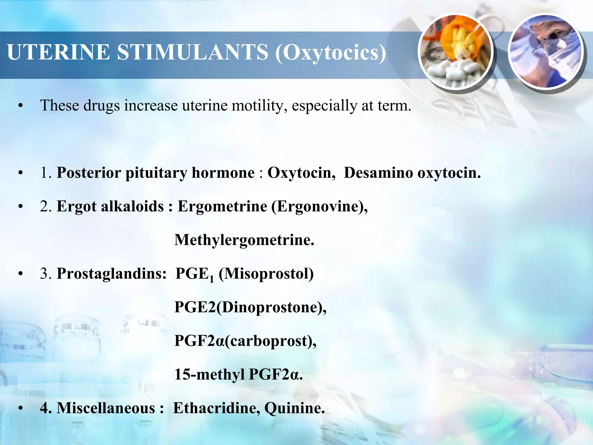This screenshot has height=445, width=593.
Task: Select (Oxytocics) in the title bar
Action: pyautogui.click(x=330, y=53)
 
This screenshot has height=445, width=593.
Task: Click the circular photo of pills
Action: pyautogui.click(x=455, y=52)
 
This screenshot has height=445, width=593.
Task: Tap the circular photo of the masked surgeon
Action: pyautogui.click(x=546, y=52)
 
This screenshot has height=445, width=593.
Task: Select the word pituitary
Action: pyautogui.click(x=156, y=173)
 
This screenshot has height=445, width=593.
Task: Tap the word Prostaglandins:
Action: pyautogui.click(x=112, y=273)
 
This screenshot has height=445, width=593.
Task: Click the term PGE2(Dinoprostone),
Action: pyautogui.click(x=250, y=307)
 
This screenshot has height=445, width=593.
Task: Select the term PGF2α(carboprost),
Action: pyautogui.click(x=246, y=341)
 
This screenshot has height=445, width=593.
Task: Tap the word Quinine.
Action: pyautogui.click(x=294, y=408)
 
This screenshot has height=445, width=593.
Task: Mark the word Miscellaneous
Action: pyautogui.click(x=106, y=408)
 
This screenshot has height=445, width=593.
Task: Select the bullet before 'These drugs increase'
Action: pyautogui.click(x=20, y=106)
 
